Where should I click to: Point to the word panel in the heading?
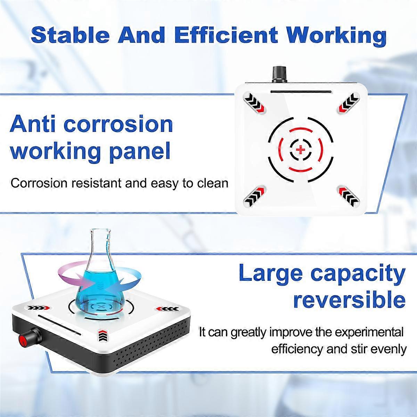(x=140, y=152)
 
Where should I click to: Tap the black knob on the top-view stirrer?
(x=279, y=74)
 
